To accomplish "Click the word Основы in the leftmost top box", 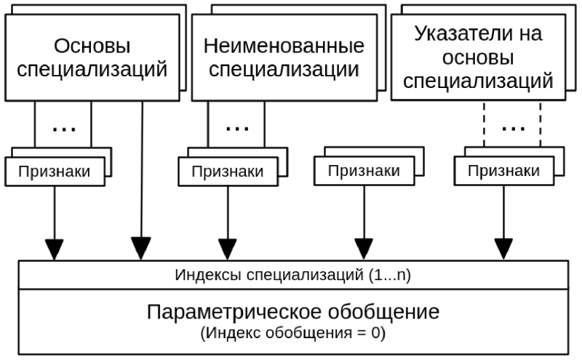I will (x=92, y=47).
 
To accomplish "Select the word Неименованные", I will (x=284, y=47).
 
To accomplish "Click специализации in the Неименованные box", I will (x=284, y=71).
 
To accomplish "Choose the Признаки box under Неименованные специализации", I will (x=228, y=172).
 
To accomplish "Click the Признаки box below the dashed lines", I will (x=503, y=172).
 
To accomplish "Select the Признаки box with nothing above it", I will (x=363, y=172).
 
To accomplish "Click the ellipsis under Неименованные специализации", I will (x=236, y=128).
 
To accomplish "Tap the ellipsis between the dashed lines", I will (x=514, y=128).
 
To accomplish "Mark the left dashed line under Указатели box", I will (x=485, y=124).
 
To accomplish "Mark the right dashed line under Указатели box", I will (x=541, y=124).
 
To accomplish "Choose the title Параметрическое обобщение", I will (x=293, y=313).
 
